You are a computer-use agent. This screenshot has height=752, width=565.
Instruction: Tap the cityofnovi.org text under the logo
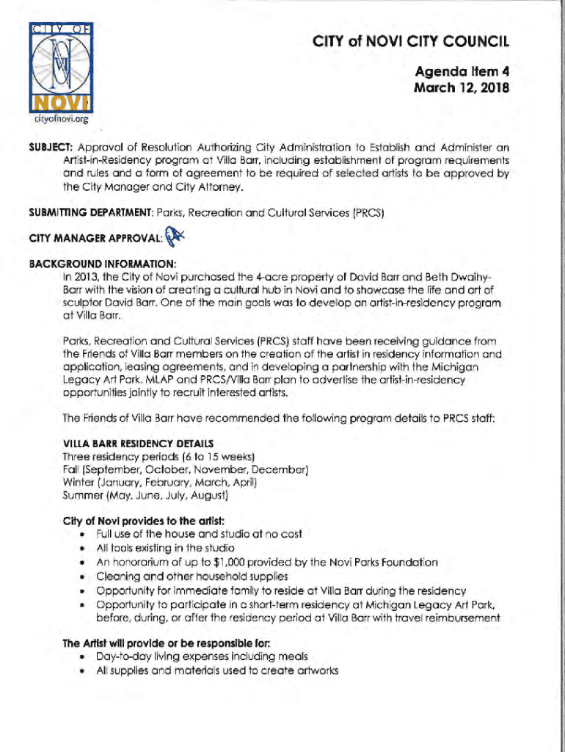pyautogui.click(x=59, y=117)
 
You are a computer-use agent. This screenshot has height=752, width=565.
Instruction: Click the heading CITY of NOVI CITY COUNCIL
pyautogui.click(x=409, y=41)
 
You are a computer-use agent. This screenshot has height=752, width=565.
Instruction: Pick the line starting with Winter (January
pyautogui.click(x=160, y=482)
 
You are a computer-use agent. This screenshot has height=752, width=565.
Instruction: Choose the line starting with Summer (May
pyautogui.click(x=146, y=496)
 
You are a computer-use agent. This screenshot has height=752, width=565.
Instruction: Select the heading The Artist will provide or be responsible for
pyautogui.click(x=166, y=643)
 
